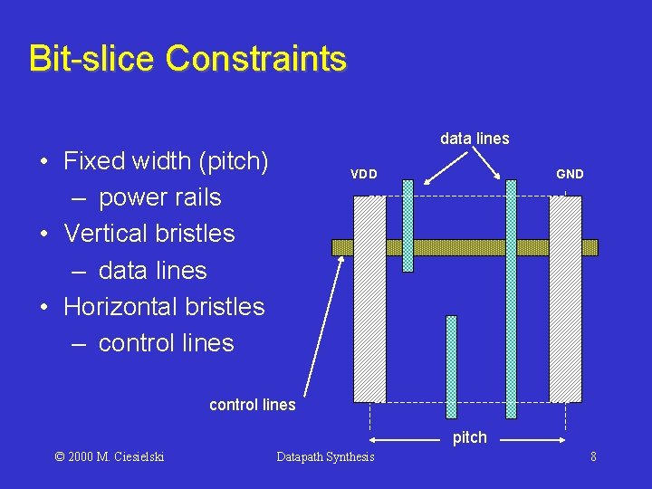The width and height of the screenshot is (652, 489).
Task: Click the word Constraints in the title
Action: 255,58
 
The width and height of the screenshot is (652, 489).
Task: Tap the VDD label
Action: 364,174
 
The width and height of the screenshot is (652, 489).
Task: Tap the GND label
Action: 570,174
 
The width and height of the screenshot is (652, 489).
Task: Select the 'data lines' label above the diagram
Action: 475,139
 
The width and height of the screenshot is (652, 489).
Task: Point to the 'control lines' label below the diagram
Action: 252,405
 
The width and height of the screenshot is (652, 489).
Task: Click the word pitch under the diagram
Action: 469,437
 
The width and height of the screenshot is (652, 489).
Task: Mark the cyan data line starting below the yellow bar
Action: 452,367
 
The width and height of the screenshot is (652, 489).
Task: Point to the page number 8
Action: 593,456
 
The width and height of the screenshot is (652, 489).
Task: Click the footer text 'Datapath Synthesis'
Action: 325,456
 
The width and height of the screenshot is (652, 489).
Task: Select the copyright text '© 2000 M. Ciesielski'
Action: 110,456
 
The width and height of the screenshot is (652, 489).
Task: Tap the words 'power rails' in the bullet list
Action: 159,197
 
